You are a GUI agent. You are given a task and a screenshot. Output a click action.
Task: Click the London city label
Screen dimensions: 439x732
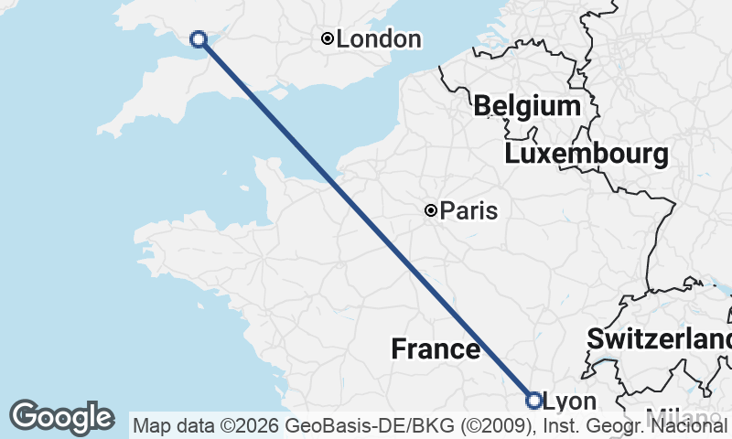click(x=379, y=39)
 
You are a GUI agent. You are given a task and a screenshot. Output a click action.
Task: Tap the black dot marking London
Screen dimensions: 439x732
click(x=327, y=38)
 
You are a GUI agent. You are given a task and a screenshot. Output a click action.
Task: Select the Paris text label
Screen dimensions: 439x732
click(x=468, y=211)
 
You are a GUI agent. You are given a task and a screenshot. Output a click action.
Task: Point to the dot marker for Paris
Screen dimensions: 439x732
click(x=430, y=210)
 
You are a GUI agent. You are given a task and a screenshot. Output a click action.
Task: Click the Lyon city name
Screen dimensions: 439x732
click(x=569, y=402)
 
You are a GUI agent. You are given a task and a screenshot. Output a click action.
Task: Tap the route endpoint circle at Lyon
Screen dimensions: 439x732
click(x=534, y=400)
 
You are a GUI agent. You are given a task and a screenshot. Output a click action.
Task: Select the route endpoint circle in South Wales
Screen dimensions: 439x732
click(x=198, y=38)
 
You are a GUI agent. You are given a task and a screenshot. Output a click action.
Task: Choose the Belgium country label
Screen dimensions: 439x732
click(x=527, y=106)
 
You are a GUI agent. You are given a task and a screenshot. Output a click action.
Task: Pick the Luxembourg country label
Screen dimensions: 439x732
click(x=586, y=154)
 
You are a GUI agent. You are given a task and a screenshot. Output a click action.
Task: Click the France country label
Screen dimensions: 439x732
click(x=436, y=348)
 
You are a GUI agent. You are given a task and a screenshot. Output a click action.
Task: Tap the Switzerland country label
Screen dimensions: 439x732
click(x=659, y=338)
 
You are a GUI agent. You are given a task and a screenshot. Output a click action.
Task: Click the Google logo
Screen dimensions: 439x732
click(x=62, y=417)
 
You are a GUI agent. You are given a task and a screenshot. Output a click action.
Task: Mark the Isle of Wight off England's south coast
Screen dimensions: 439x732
click(x=277, y=92)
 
